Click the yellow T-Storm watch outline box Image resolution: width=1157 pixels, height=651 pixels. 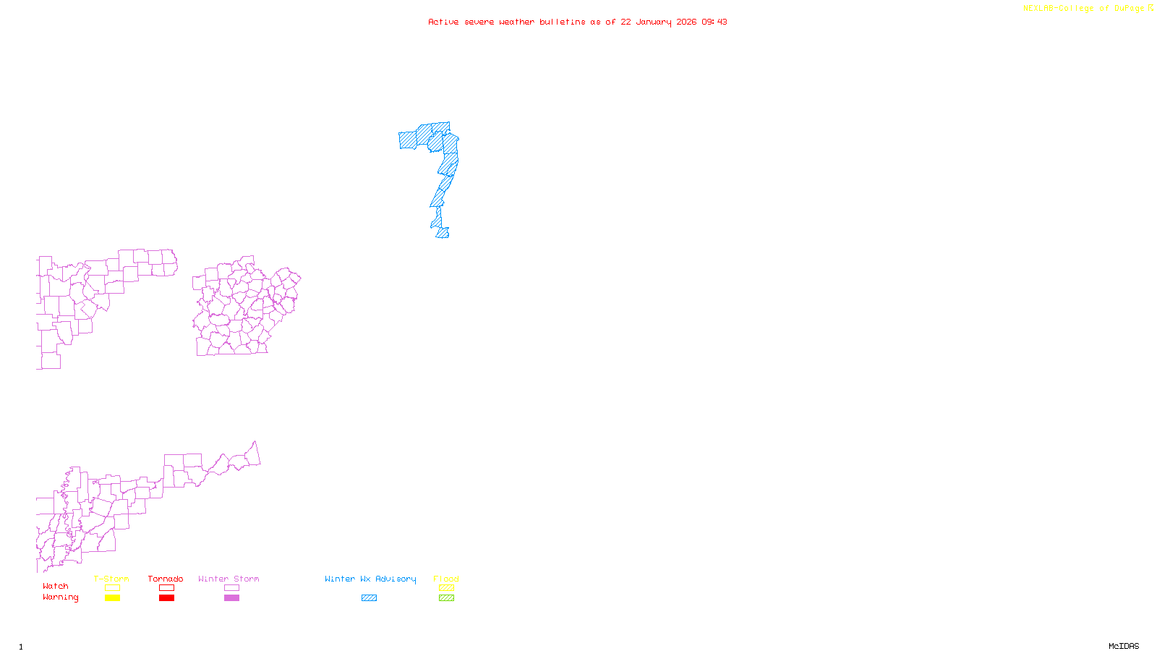tap(112, 588)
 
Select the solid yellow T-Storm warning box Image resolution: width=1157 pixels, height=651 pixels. tap(112, 598)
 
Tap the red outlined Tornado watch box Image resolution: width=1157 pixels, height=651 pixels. tap(166, 588)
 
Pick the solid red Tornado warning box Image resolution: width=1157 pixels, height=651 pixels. tap(166, 598)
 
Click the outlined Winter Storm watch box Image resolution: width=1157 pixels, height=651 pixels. tap(231, 588)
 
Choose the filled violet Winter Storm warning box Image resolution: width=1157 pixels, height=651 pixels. tap(231, 598)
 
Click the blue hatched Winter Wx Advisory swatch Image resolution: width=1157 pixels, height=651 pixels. tap(369, 598)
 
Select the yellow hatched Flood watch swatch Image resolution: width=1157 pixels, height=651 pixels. tap(446, 588)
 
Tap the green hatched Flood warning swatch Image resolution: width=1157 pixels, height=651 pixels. tap(446, 598)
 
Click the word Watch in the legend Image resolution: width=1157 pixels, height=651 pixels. tap(56, 586)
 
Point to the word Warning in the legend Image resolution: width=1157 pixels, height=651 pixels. tap(60, 597)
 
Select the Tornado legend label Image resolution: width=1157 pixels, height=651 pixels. tap(166, 579)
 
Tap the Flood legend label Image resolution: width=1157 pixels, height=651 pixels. tap(446, 579)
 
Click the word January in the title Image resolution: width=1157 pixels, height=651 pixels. tap(654, 22)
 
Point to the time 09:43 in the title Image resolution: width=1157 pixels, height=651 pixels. tap(714, 22)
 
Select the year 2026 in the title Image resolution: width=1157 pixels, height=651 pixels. tap(687, 22)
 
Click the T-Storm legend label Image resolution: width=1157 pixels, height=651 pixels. tap(111, 579)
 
